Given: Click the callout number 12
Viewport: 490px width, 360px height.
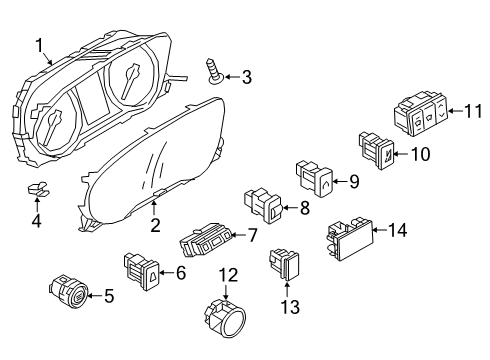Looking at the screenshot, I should [228, 275].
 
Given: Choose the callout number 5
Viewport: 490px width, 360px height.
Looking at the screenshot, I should [109, 294].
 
